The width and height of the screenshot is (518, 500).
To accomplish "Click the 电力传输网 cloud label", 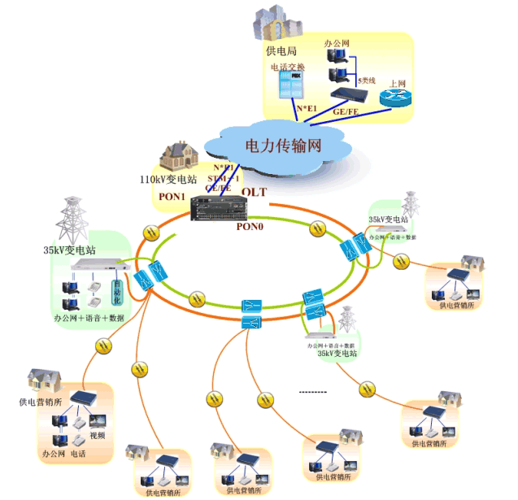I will click(283, 146).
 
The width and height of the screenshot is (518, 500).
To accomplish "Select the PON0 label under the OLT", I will click(249, 227).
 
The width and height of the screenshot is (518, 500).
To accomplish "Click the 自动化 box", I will click(117, 290).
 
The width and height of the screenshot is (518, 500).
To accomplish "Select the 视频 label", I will click(98, 435).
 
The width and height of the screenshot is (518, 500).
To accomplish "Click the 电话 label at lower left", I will click(78, 452).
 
